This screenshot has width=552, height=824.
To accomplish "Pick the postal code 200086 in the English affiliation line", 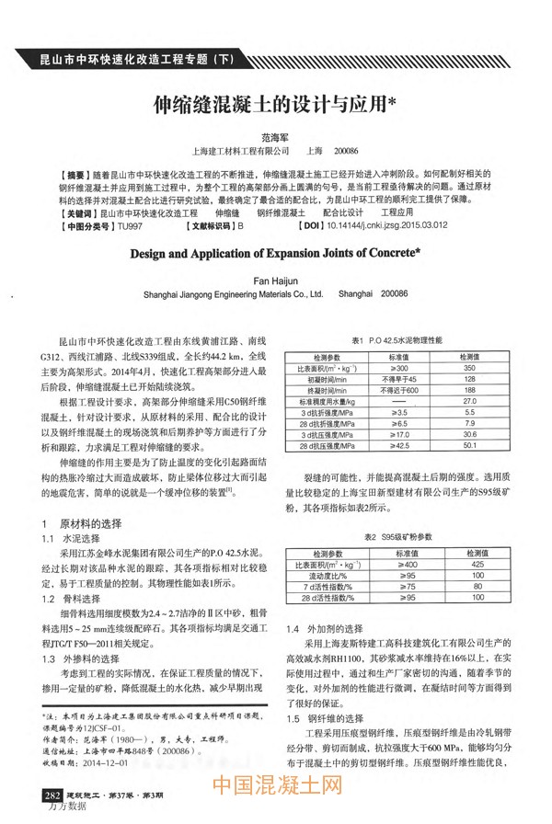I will click(x=393, y=295).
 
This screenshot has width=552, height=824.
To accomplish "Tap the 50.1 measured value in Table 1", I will click(x=469, y=445).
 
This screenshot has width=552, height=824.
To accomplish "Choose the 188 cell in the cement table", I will click(x=469, y=390).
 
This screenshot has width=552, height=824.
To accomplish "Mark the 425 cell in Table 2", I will click(x=477, y=563).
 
